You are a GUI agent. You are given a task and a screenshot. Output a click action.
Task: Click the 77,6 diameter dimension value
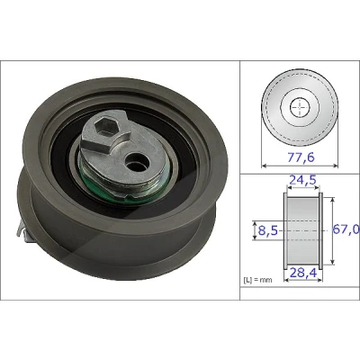tap(301, 157)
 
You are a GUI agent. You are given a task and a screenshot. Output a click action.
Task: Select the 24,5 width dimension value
tap(302, 180)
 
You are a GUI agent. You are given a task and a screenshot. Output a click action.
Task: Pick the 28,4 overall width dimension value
tap(303, 272)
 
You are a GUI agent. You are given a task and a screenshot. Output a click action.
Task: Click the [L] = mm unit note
tap(257, 280)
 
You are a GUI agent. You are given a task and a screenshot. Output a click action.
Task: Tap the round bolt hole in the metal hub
tap(137, 162)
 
